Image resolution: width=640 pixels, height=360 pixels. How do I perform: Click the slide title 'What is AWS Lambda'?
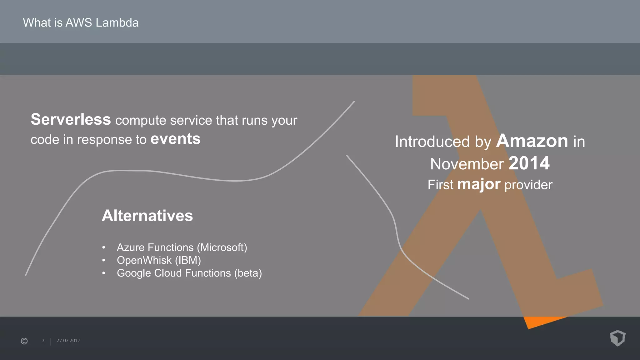coord(81,23)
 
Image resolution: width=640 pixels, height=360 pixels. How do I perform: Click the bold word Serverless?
coord(71,120)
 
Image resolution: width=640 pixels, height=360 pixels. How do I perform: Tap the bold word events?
coord(175,139)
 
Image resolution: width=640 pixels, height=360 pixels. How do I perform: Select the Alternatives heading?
coord(147,216)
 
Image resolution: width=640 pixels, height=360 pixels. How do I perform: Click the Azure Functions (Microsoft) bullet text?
coord(182,247)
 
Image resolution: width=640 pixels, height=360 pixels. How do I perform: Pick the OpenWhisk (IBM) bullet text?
coord(159,260)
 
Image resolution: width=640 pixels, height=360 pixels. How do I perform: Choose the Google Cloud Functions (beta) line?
coord(189,273)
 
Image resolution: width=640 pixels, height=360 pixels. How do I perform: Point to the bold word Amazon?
coord(532,141)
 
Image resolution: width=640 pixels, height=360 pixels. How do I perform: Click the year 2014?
coord(529,163)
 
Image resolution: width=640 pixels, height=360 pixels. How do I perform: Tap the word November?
coord(467,164)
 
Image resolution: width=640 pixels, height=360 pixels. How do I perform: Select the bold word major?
coord(479,184)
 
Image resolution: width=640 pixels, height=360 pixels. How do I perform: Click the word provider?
coord(528,185)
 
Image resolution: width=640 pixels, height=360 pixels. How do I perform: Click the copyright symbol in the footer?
coord(24,341)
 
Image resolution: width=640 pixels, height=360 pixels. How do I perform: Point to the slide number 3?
coord(43,341)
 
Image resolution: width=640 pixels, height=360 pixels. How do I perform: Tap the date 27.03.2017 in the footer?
coord(68,341)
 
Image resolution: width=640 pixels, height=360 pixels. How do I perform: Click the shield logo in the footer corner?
coord(617,338)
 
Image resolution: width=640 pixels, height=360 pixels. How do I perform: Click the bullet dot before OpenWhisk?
coord(104,260)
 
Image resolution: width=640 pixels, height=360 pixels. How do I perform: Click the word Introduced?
coord(432,142)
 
